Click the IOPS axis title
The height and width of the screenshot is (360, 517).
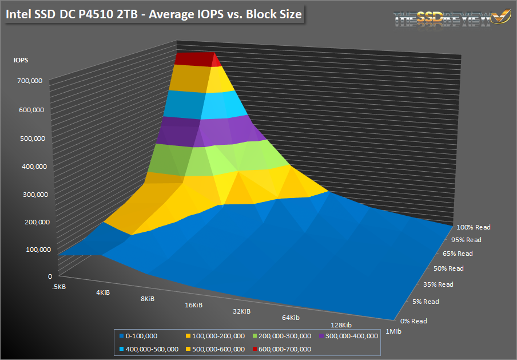(21, 60)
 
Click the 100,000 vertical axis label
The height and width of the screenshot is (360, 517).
(30, 249)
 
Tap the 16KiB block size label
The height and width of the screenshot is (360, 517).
(193, 305)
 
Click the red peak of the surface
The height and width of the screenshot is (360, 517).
(194, 59)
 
